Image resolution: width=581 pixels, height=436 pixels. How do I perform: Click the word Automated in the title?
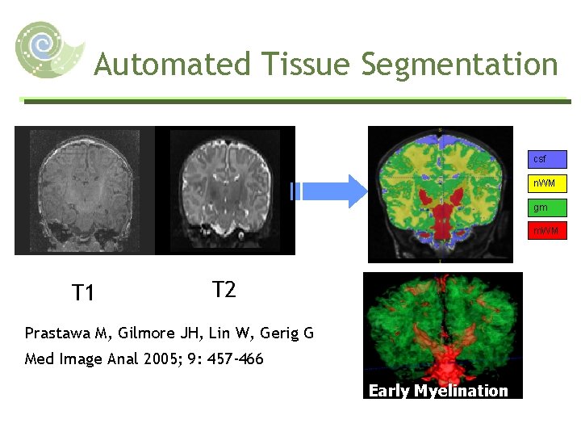click(171, 64)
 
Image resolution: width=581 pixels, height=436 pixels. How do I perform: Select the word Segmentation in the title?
click(459, 64)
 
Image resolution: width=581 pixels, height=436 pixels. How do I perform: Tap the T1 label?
click(84, 292)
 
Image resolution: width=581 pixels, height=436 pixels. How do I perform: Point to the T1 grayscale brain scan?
click(85, 190)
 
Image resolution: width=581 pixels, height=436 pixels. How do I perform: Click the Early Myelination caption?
click(438, 391)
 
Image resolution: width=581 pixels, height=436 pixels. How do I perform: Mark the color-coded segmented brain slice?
click(440, 194)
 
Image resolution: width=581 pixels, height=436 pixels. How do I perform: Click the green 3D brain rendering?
click(442, 327)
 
